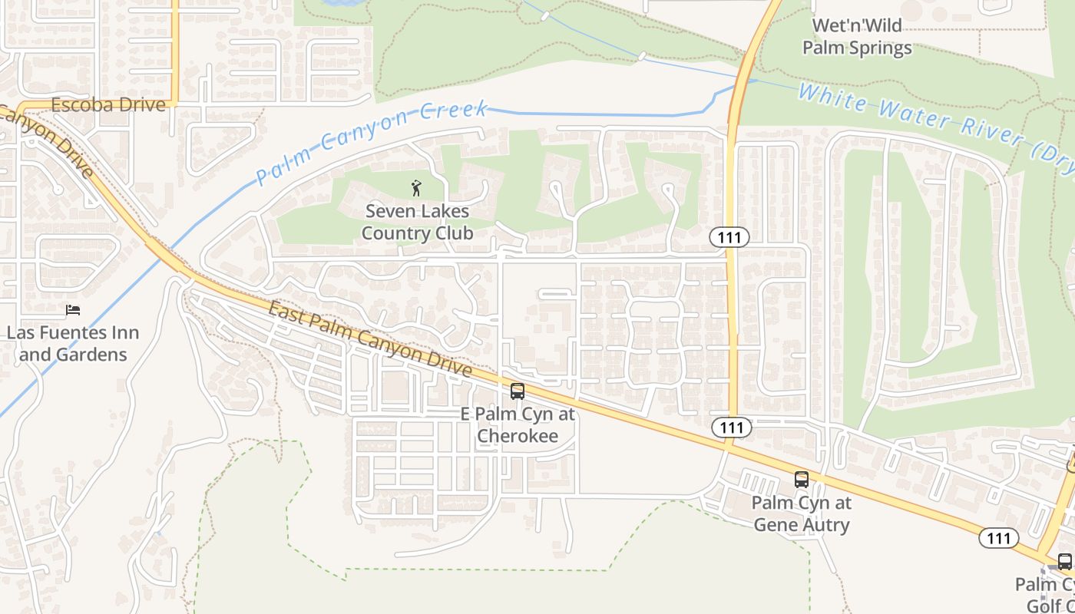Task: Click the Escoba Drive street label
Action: pos(107,104)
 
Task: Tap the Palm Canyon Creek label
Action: pos(372,143)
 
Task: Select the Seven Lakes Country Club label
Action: pos(417,222)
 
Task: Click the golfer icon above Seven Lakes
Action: pos(417,187)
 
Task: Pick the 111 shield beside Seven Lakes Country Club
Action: pos(729,237)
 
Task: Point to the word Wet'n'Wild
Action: pos(857,25)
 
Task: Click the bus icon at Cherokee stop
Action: pos(518,391)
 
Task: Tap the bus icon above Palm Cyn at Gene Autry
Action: pos(802,480)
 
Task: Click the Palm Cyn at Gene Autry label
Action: pos(801,514)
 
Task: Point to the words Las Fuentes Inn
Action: pos(73,333)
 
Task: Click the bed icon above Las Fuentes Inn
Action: pos(73,310)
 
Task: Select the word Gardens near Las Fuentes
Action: pos(94,355)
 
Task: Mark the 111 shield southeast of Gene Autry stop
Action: pos(998,538)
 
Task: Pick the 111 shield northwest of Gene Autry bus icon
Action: pos(729,427)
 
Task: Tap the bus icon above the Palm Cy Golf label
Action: pos(1064,561)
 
